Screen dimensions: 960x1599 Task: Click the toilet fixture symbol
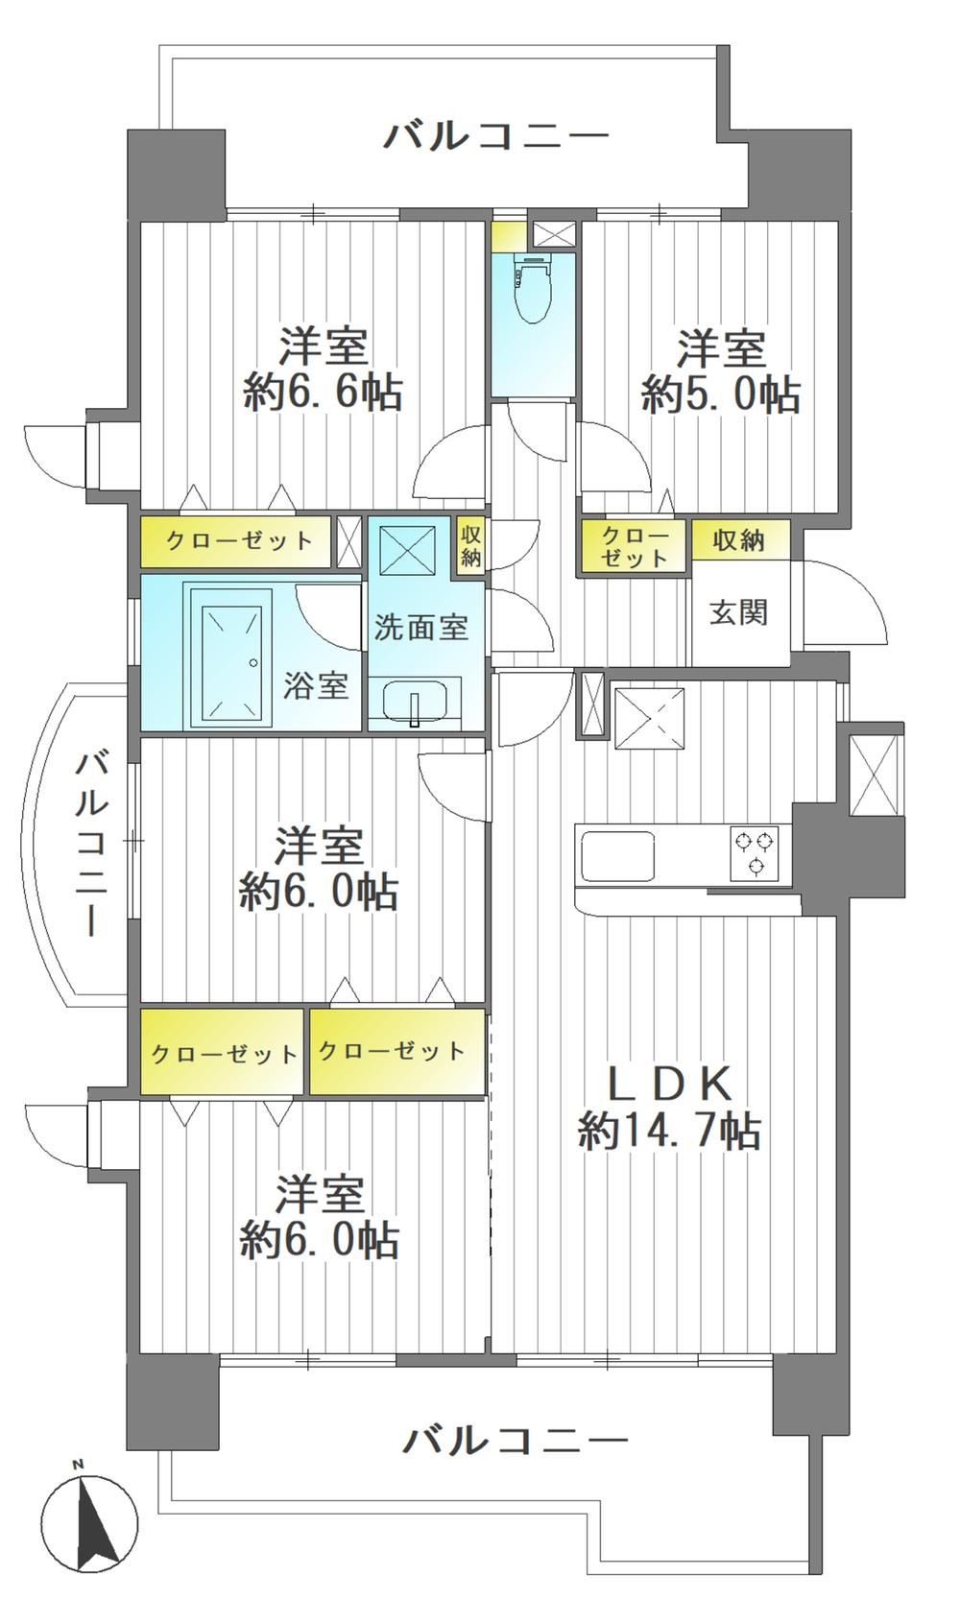[x=533, y=288]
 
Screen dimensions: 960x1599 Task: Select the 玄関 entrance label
[x=738, y=611]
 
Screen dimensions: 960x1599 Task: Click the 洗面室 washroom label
[x=421, y=626]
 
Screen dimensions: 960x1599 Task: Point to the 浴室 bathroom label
[x=315, y=685]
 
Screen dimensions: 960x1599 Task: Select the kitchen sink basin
[x=617, y=855]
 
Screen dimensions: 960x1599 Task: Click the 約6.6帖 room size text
[x=323, y=392]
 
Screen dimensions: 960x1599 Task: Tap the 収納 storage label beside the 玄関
[x=738, y=540]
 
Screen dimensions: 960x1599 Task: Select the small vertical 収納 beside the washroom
[x=469, y=546]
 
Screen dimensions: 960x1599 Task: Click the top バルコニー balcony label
[x=496, y=135]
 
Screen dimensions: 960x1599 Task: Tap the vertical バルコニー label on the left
[x=92, y=844]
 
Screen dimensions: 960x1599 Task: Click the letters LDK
[x=669, y=1085]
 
